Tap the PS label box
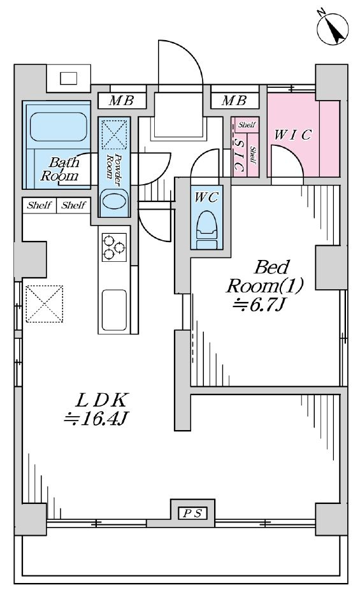192,514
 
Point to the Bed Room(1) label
265,277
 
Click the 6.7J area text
259,305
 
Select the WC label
206,198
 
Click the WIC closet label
293,135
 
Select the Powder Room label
113,166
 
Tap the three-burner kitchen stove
114,247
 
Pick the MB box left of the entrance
122,101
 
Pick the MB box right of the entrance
234,101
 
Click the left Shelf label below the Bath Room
40,206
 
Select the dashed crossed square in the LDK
44,304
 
